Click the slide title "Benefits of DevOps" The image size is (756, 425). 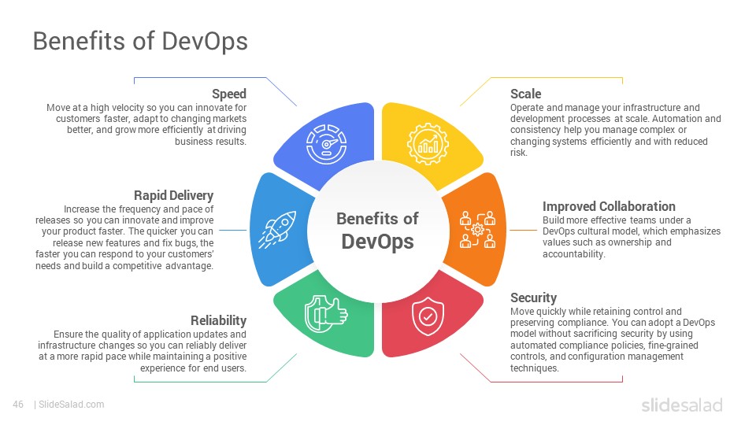coord(140,42)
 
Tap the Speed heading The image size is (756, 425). coord(229,94)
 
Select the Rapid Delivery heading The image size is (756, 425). coord(173,196)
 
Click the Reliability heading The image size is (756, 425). coord(218,321)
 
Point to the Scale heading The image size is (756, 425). coord(525,94)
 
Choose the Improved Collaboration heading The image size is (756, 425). coord(609,207)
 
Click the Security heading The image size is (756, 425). coord(533,297)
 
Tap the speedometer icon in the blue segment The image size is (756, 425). coord(326,144)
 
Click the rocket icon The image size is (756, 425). coord(277,230)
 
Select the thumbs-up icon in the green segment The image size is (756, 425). coord(326,314)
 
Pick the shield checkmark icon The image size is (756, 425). coord(428,316)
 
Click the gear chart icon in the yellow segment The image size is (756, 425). coord(428,143)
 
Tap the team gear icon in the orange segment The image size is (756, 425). coord(477,229)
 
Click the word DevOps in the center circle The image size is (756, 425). coord(377,242)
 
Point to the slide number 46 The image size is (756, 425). coord(18,405)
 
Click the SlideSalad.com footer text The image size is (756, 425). coord(72,405)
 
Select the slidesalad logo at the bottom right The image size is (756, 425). coord(682,405)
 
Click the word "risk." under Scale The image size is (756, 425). coord(519,153)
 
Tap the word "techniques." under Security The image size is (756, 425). coord(535,368)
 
